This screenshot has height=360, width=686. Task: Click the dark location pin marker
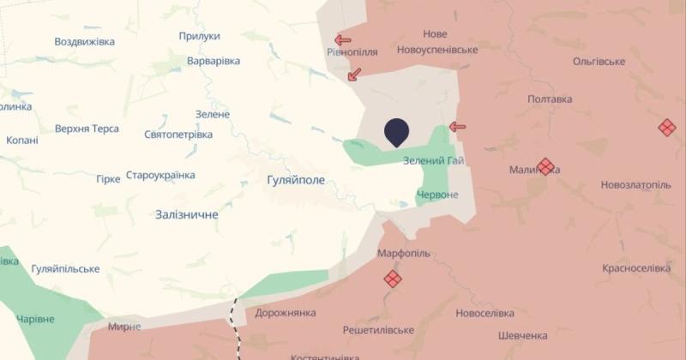click(x=396, y=132)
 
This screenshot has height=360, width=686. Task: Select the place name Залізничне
click(x=187, y=214)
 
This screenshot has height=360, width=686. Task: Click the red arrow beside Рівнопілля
click(x=343, y=39)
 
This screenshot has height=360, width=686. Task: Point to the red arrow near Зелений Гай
click(x=458, y=127)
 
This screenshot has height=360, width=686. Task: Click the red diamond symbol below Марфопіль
click(x=393, y=279)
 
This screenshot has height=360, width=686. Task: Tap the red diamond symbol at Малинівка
click(x=545, y=166)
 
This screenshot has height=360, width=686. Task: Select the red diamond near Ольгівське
click(x=667, y=128)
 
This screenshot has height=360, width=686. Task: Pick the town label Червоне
click(x=436, y=195)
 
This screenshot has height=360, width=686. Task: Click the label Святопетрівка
click(x=178, y=135)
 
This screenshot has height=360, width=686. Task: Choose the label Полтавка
click(x=550, y=99)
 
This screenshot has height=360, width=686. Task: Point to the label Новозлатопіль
click(x=635, y=184)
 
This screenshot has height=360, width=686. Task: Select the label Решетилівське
click(x=378, y=330)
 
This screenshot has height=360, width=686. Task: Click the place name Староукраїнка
click(x=160, y=175)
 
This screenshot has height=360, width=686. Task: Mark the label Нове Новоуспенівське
click(x=437, y=42)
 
